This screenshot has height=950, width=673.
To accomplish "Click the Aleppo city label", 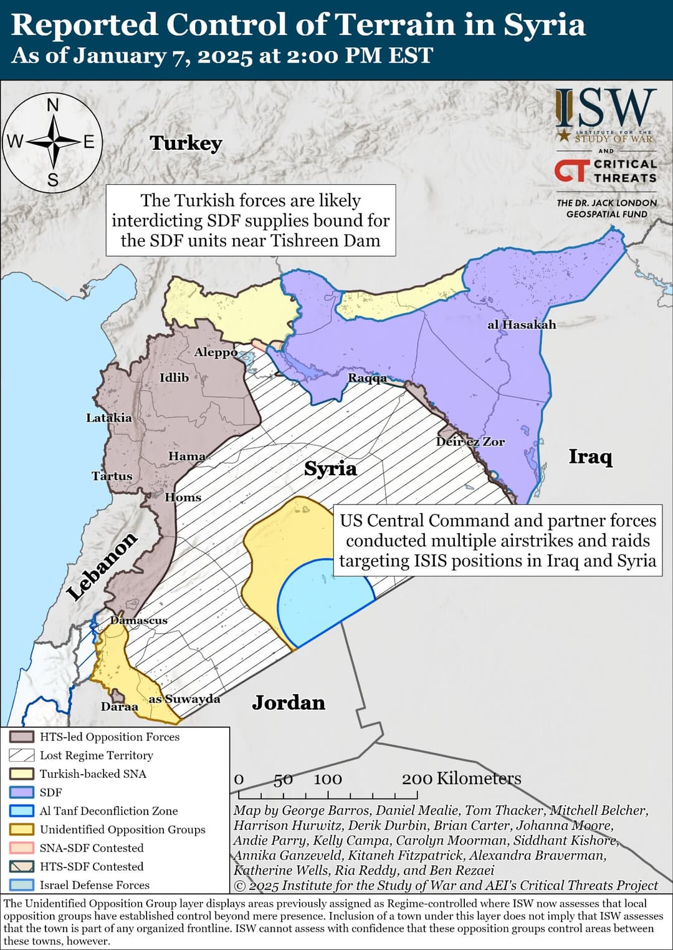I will point(216,352).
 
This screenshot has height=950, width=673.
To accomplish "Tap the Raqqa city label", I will point(367,378).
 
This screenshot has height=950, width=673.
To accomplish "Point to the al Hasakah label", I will point(522,324).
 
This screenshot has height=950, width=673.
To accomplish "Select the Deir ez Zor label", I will point(470,442).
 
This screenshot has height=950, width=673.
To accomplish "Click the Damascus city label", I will point(139,620).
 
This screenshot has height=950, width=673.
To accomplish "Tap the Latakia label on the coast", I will point(109,418).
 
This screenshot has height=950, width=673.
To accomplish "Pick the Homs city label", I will point(183,497).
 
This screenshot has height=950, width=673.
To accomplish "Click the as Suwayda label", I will point(184,699).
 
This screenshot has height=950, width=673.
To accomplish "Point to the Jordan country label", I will point(289,703).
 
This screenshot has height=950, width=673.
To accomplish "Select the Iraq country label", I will point(591,457).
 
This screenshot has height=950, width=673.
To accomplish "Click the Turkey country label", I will point(186,143).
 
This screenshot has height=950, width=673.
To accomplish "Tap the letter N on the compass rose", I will point(53,105).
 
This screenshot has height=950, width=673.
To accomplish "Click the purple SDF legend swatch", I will point(22,792).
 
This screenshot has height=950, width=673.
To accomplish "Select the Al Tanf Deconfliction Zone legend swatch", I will point(22,811).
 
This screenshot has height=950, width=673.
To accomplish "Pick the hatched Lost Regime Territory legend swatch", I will point(22,755).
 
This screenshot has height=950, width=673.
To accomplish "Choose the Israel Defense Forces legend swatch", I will point(22,885).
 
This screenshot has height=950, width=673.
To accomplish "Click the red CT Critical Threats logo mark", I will point(571,171).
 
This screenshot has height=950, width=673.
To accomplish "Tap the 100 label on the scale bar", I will point(328,779).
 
